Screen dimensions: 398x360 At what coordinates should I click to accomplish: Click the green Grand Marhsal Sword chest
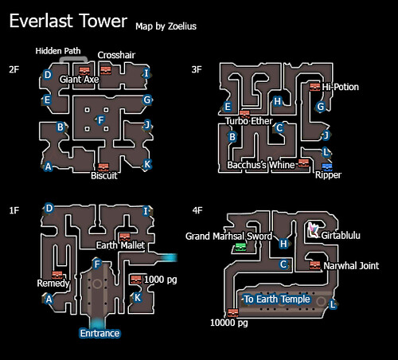[x=240, y=248]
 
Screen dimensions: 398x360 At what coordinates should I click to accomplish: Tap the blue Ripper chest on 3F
[x=327, y=166]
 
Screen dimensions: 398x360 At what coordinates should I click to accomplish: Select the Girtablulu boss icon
[x=314, y=230]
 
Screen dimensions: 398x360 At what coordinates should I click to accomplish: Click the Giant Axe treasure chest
[x=84, y=71]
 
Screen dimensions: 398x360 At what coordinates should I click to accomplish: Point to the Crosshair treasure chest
[x=106, y=70]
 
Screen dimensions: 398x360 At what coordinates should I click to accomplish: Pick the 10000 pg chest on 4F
[x=233, y=312]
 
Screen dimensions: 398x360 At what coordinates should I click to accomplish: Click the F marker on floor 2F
[x=101, y=120]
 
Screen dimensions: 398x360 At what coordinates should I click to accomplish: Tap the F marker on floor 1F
[x=97, y=264]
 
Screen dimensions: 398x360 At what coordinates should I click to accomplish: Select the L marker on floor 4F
[x=333, y=304]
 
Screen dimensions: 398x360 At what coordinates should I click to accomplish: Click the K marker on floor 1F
[x=137, y=297]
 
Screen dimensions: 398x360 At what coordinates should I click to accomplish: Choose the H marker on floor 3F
[x=277, y=101]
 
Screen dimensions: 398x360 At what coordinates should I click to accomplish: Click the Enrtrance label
[x=99, y=333]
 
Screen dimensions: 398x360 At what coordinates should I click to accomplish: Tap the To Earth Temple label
[x=277, y=299]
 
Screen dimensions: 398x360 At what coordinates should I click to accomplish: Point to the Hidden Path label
[x=58, y=51]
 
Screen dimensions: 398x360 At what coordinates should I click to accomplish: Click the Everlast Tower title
[x=68, y=21]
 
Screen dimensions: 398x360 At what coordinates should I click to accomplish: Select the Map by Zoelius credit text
[x=166, y=26]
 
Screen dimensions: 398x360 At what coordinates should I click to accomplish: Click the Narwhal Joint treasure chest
[x=315, y=265]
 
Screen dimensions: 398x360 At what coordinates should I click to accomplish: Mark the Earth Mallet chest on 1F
[x=124, y=237]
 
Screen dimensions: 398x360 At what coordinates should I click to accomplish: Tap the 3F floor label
[x=197, y=69]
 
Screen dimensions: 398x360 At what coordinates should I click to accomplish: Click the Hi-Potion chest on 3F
[x=315, y=87]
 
